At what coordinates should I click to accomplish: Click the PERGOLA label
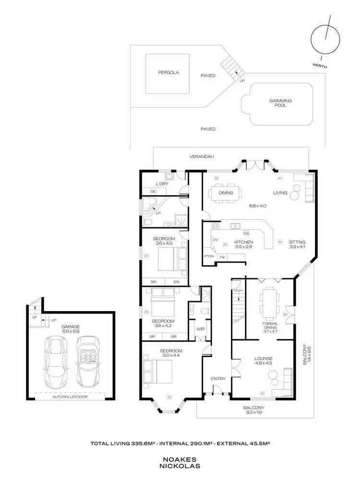168,72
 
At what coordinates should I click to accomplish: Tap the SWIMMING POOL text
281,103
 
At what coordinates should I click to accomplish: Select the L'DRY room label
161,184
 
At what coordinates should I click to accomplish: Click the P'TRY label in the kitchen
209,257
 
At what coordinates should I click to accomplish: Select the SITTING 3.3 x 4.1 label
297,244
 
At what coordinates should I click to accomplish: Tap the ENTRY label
218,379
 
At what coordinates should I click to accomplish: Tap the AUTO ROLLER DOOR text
71,397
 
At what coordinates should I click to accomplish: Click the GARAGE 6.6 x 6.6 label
71,329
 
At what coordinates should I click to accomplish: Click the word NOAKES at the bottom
180,458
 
